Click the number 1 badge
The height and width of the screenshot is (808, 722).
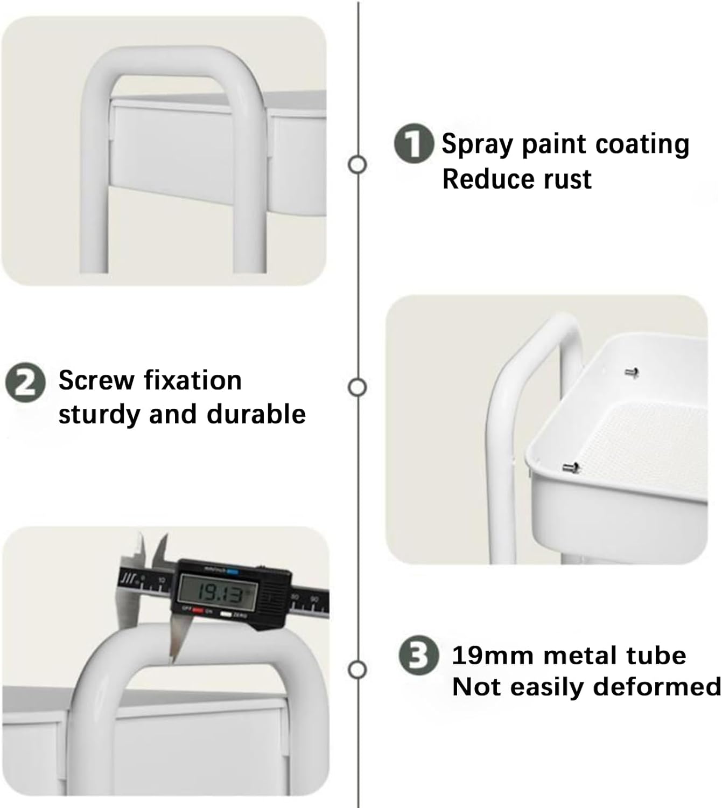click(414, 144)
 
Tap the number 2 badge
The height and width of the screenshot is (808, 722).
click(25, 382)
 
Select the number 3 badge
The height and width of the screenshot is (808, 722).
click(418, 655)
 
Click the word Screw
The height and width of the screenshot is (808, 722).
click(96, 380)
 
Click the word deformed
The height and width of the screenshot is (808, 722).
click(657, 687)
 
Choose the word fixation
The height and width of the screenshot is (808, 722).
click(193, 380)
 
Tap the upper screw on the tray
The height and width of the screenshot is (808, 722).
click(632, 373)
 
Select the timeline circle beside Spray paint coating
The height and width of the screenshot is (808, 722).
click(357, 164)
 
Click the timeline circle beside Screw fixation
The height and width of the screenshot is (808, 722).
click(357, 387)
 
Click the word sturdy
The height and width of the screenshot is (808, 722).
click(100, 415)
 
